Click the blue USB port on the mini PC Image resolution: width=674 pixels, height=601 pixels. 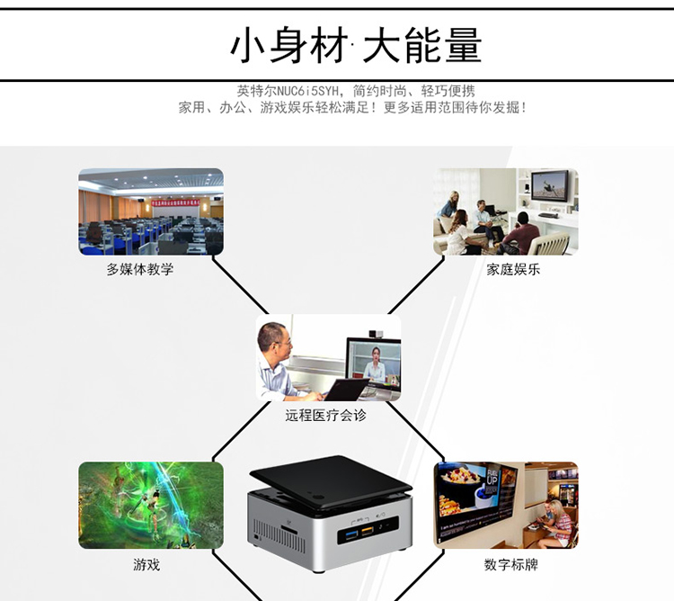348,536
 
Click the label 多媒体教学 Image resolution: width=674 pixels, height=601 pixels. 139,269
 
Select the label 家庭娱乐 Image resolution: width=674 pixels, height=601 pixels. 513,269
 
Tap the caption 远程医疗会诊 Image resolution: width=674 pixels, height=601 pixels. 326,416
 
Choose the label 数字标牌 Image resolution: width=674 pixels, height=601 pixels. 510,565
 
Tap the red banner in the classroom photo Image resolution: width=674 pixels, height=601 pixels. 180,204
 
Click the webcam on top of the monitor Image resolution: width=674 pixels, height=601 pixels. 377,334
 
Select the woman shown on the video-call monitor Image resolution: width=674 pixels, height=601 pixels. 374,367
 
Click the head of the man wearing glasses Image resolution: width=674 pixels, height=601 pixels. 273,339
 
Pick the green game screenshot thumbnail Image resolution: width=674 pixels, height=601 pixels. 150,506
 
